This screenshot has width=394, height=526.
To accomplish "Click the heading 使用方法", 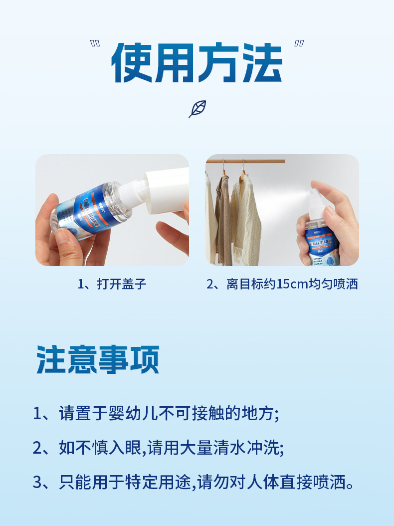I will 197,63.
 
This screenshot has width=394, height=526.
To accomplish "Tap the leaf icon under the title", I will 197,109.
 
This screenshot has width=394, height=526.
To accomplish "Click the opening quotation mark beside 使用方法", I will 95,44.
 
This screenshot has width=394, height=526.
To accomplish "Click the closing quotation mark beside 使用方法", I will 299,44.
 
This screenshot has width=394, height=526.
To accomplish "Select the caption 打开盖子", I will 122,284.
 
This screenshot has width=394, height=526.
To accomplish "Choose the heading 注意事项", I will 98,359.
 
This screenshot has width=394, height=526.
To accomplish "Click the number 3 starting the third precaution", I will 37,483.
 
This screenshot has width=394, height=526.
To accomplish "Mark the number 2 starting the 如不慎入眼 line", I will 37,448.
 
